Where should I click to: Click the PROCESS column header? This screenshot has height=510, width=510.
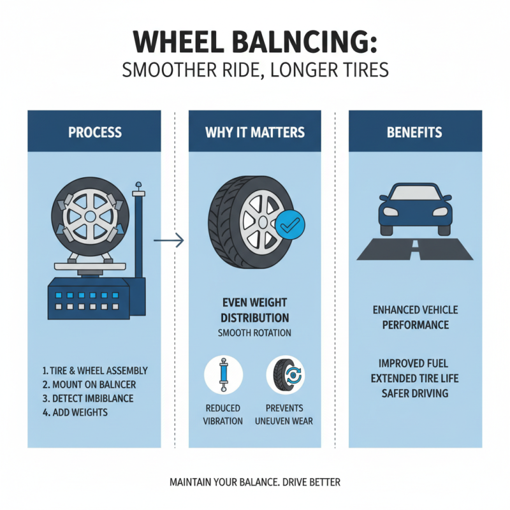pyautogui.click(x=94, y=133)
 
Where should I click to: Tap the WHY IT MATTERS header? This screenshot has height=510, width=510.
pyautogui.click(x=255, y=133)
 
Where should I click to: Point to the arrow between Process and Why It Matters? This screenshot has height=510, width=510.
pyautogui.click(x=169, y=241)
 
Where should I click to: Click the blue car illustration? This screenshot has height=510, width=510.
pyautogui.click(x=415, y=209)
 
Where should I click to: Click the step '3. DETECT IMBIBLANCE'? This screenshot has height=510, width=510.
pyautogui.click(x=89, y=398)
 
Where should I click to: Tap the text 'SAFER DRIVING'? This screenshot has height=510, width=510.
pyautogui.click(x=415, y=393)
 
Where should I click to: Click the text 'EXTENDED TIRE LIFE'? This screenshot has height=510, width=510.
pyautogui.click(x=415, y=379)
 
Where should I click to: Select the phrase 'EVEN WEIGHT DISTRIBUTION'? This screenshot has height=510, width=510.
pyautogui.click(x=255, y=310)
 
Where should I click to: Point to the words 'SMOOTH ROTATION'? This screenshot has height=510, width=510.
pyautogui.click(x=255, y=333)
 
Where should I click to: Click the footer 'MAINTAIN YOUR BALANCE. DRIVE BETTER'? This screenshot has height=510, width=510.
pyautogui.click(x=255, y=482)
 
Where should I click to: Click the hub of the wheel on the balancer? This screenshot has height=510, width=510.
pyautogui.click(x=90, y=217)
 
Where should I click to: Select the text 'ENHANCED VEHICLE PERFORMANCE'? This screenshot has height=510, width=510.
pyautogui.click(x=415, y=317)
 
